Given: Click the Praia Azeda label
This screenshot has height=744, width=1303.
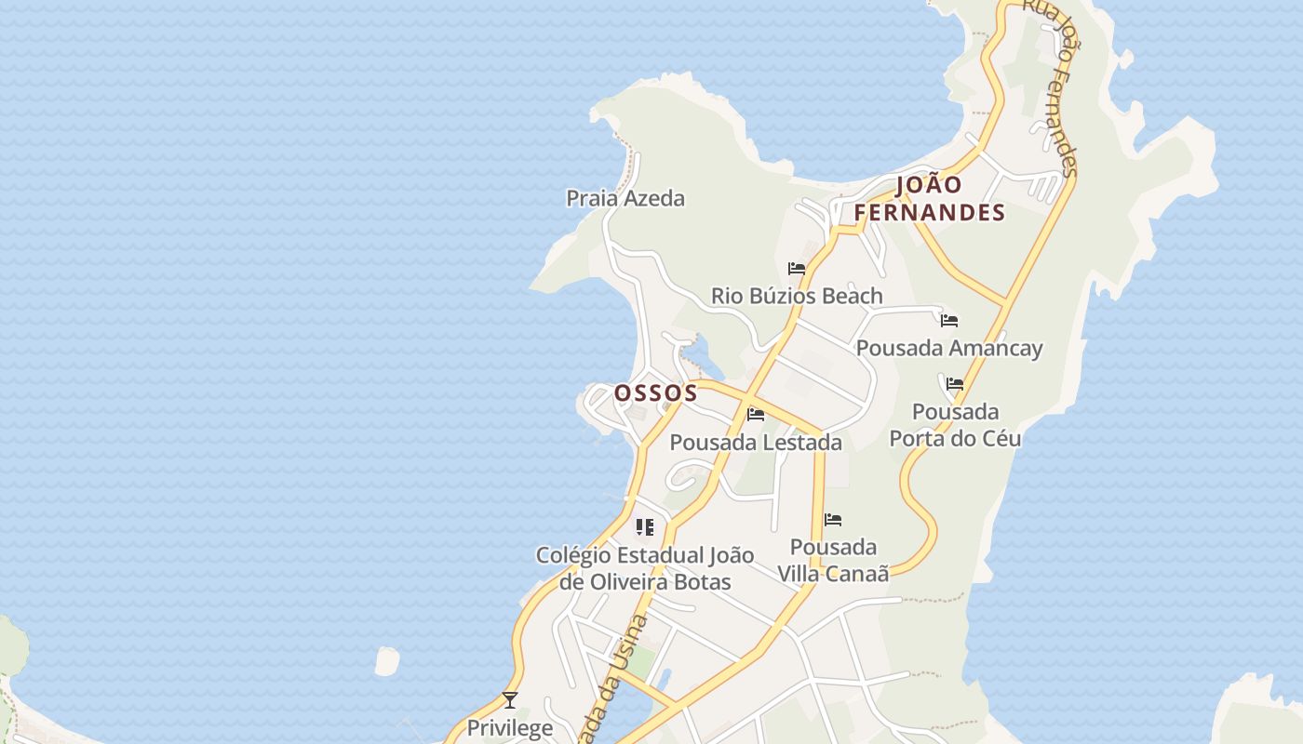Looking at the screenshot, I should click(625, 198).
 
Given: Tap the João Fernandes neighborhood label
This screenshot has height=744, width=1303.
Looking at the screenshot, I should click(930, 199).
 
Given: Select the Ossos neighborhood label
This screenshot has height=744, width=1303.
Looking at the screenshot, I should click(656, 393).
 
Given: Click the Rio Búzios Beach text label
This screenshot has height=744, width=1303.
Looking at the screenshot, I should click(797, 296).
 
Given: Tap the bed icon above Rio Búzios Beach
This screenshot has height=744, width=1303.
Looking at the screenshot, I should click(797, 269).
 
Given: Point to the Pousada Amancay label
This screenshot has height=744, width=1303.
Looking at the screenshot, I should click(949, 348).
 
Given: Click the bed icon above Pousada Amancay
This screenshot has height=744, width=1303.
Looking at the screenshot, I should click(949, 321).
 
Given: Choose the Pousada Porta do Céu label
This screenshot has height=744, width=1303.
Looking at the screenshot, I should click(956, 425).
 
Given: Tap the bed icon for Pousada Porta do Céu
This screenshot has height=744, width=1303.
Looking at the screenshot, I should click(955, 384).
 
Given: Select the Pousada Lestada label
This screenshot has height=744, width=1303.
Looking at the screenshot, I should click(756, 443).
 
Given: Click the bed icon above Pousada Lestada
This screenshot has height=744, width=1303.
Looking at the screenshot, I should click(756, 415).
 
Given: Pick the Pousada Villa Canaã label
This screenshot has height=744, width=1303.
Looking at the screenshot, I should click(833, 560).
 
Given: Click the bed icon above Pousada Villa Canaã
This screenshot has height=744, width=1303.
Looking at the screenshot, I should click(833, 520).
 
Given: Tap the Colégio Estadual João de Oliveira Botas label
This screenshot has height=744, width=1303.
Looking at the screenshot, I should click(645, 568).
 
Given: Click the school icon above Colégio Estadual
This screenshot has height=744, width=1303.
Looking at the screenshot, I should click(645, 528).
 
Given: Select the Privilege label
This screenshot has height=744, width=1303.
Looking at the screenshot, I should click(510, 727).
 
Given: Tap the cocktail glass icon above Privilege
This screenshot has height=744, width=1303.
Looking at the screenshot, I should click(510, 700).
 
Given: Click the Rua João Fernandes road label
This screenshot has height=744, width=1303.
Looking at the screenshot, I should click(1052, 88).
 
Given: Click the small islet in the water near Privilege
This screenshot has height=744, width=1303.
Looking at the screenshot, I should click(386, 661).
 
